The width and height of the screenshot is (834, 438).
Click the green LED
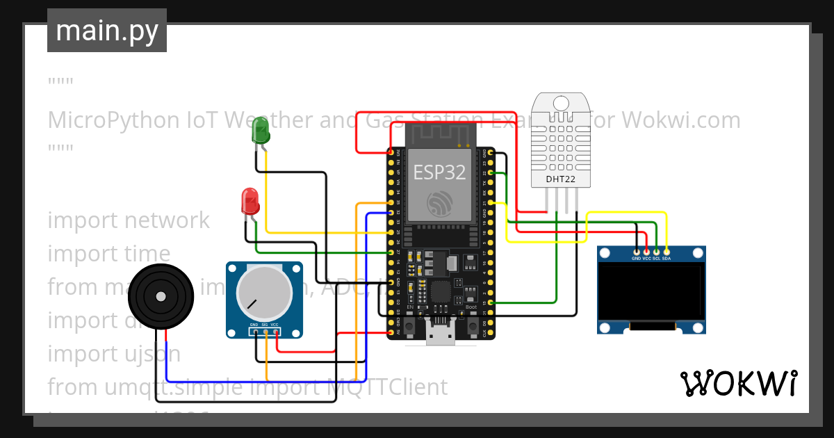[x=261, y=130]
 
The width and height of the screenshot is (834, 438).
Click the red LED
[x=250, y=202]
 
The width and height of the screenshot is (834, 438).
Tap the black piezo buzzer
[x=161, y=297]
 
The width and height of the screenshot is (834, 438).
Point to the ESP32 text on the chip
[x=439, y=172]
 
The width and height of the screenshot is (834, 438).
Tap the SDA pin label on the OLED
[x=667, y=258]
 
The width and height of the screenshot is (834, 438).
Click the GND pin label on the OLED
[x=637, y=258]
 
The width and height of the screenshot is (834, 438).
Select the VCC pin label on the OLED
[x=647, y=258]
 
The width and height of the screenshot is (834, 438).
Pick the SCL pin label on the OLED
[x=656, y=258]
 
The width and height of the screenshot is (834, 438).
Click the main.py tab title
[x=107, y=31]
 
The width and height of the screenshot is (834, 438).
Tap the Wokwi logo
[x=738, y=383]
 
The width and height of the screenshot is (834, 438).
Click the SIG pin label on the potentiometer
[x=265, y=325]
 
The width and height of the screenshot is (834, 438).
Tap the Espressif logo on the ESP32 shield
[x=440, y=202]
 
